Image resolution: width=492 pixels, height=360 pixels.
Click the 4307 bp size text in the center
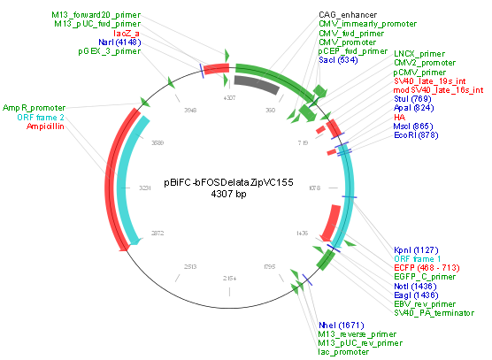pos(228,194)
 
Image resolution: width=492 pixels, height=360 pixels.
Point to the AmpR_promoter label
pos(34,107)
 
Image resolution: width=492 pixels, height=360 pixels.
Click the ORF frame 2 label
pos(35,116)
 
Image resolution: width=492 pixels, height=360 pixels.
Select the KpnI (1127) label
pos(414,249)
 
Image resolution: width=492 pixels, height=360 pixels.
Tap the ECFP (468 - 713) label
pos(427,267)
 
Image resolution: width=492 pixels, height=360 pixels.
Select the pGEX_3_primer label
pos(110,50)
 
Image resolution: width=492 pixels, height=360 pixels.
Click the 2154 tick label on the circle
pos(229,278)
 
